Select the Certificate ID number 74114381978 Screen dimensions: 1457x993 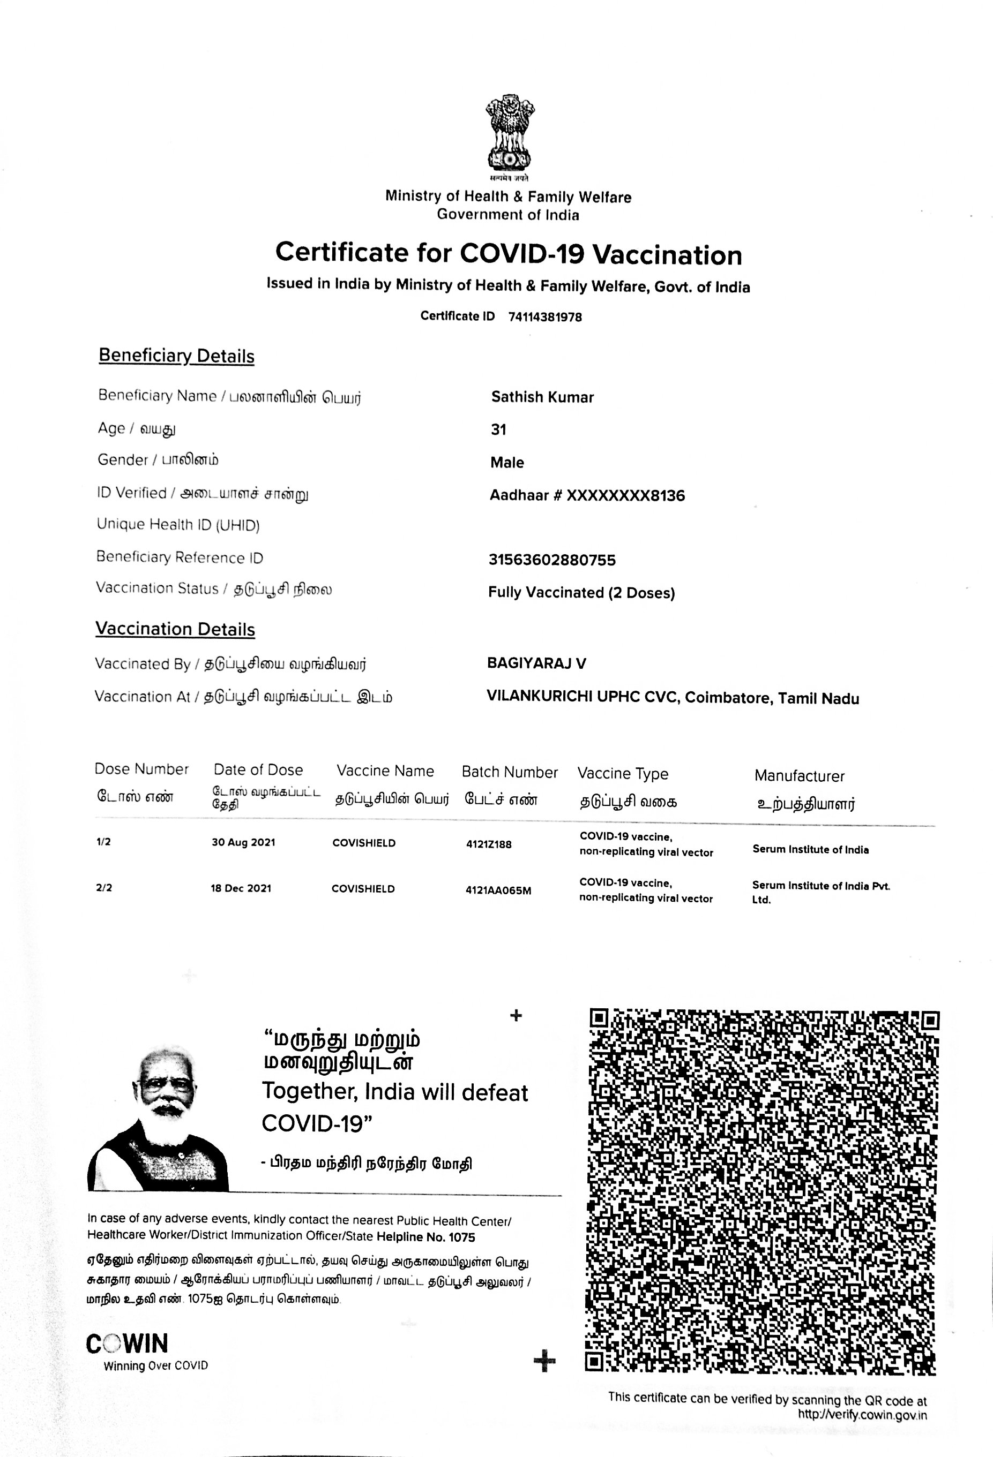[x=544, y=317]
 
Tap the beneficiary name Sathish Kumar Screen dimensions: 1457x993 [x=542, y=397]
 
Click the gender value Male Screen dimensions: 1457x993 [x=507, y=463]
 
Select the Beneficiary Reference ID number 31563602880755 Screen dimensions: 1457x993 [x=552, y=560]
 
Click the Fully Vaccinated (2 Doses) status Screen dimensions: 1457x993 [x=581, y=592]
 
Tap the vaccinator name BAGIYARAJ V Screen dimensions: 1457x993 [x=536, y=663]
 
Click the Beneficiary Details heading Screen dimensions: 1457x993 [x=176, y=356]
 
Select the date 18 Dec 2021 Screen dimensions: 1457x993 [x=241, y=888]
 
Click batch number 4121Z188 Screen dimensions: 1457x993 [x=489, y=844]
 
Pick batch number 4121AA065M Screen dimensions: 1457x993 [x=498, y=890]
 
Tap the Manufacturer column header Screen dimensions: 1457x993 [x=799, y=776]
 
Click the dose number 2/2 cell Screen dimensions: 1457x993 [x=104, y=888]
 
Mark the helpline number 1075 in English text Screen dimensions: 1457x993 [x=462, y=1237]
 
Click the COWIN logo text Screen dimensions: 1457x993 [x=128, y=1344]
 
